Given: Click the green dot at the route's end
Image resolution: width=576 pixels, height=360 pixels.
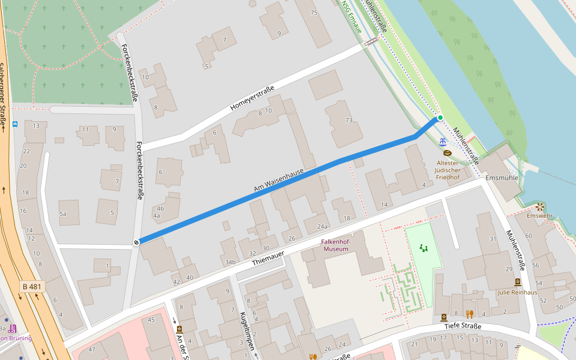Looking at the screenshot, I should coord(440,118).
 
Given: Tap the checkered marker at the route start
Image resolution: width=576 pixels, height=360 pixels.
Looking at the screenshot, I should coord(137,242).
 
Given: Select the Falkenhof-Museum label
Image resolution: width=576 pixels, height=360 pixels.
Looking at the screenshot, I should coord(336,245).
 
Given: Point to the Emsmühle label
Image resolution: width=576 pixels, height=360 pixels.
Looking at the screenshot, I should coord(502,178).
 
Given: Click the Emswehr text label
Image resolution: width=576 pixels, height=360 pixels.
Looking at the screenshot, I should coord(540,215).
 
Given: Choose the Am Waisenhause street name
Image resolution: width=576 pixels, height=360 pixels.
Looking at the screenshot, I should coord(278,181).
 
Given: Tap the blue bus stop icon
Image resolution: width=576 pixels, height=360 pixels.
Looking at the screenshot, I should coord(14,125).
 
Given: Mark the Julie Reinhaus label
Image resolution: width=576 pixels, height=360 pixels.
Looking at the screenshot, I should coord(517,292).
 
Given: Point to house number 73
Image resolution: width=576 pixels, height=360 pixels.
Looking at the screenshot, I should coord(349,121).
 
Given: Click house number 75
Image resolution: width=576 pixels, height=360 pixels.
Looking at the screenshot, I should coord(313,13).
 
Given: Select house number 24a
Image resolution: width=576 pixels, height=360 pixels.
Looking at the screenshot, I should coord(323,226).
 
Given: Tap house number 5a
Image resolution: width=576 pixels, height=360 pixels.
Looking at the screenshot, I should coord(62,213).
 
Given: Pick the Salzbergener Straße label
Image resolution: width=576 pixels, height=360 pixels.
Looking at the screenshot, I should coord(4,96).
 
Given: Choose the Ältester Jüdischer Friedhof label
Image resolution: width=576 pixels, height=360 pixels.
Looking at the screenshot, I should coord(448,170).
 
